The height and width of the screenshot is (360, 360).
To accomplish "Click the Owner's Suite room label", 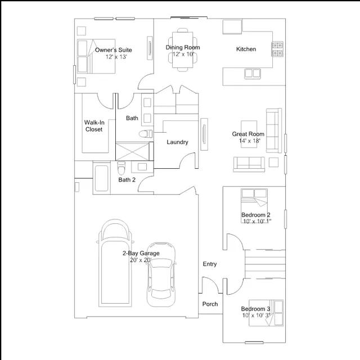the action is [114, 50].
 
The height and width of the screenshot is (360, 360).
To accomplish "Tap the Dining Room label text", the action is [183, 47].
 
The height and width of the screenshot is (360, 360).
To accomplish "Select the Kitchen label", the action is [246, 49].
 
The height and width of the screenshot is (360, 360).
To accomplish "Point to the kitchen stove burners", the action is [277, 49].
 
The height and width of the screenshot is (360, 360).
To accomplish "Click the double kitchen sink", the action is [253, 74].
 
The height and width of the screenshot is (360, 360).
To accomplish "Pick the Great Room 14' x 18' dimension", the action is [249, 141].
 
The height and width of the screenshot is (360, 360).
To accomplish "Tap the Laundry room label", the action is [177, 142].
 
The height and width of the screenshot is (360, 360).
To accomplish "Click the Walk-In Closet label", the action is [94, 126].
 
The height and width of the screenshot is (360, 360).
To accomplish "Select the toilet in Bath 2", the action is [121, 168].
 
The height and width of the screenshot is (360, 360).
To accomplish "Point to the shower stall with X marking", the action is [133, 151].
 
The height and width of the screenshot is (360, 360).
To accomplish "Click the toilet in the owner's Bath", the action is [146, 134].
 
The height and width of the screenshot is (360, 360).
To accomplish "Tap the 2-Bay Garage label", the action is [141, 253].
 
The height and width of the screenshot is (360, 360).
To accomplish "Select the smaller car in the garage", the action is [161, 274].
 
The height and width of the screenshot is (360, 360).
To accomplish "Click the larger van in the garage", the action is [115, 263].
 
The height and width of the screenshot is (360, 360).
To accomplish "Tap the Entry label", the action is [210, 264].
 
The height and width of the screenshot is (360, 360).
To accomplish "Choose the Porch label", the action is [210, 304].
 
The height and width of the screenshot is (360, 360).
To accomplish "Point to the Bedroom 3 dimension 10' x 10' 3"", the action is [256, 316].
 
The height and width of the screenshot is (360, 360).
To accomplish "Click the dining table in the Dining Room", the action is [182, 50].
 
